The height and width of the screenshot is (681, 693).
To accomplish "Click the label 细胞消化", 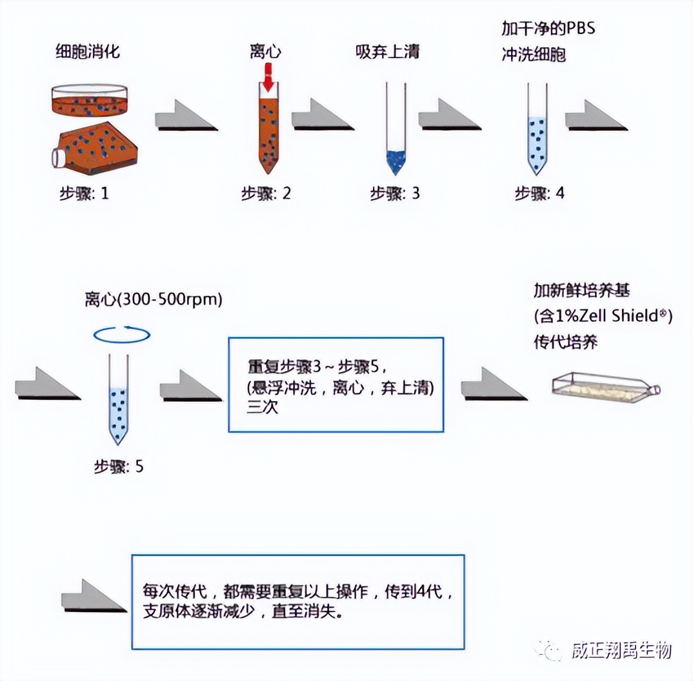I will pyautogui.click(x=88, y=52).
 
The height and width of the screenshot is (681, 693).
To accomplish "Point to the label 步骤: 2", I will pyautogui.click(x=266, y=193).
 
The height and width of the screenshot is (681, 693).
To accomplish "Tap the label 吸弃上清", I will pyautogui.click(x=387, y=51).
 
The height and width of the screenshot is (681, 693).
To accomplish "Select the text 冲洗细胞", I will pyautogui.click(x=534, y=55).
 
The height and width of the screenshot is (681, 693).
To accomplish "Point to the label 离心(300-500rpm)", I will pyautogui.click(x=153, y=300).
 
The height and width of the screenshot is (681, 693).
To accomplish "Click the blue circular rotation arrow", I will pyautogui.click(x=122, y=335).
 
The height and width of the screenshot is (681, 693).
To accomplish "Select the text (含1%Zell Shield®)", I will pyautogui.click(x=603, y=317).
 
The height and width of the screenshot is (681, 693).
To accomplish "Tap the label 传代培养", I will pyautogui.click(x=566, y=342).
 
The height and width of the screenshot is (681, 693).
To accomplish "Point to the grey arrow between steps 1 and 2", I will pyautogui.click(x=186, y=117).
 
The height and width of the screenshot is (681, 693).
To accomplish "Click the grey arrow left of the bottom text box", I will pyautogui.click(x=93, y=597).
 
